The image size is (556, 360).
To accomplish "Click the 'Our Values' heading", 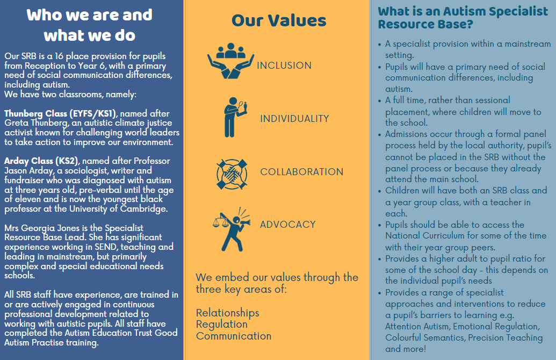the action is click(x=279, y=20).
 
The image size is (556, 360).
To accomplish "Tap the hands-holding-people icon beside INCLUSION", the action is click(x=231, y=61).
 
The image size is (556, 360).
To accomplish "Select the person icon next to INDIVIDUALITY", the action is click(x=234, y=117).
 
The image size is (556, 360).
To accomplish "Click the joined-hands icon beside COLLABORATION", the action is click(x=232, y=174).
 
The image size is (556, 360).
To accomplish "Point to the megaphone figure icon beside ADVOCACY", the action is click(x=232, y=229).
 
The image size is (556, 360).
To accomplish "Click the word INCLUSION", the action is click(x=284, y=66).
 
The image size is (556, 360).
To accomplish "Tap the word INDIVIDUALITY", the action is click(x=294, y=119).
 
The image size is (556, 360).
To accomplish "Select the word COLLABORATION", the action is click(x=302, y=172).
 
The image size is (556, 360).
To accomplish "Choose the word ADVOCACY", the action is click(x=287, y=225).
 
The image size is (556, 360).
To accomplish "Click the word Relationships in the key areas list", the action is click(x=228, y=313).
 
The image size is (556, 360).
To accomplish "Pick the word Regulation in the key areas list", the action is click(x=222, y=324).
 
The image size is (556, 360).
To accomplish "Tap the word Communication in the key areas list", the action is click(x=234, y=336).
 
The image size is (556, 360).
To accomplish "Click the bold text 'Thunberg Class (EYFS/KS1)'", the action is click(x=60, y=113).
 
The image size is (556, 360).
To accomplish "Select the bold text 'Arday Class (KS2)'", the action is click(x=41, y=161).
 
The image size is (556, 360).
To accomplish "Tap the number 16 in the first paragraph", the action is click(x=59, y=56).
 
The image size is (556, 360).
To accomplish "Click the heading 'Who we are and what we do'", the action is click(x=89, y=25).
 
